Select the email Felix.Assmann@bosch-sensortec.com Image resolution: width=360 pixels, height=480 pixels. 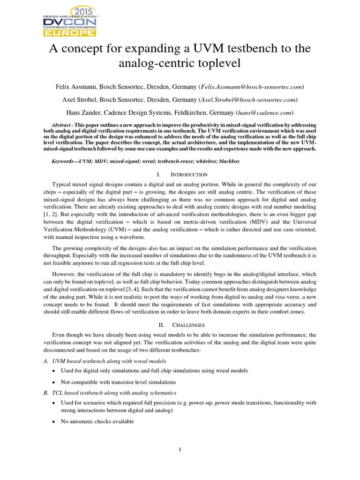pos(251,87)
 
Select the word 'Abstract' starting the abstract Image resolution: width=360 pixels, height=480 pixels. pos(63,125)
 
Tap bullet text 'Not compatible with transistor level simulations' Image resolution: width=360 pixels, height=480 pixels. pos(119,382)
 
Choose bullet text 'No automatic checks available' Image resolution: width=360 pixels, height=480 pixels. pos(97,421)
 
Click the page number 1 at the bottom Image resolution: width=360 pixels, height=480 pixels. pos(180,450)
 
